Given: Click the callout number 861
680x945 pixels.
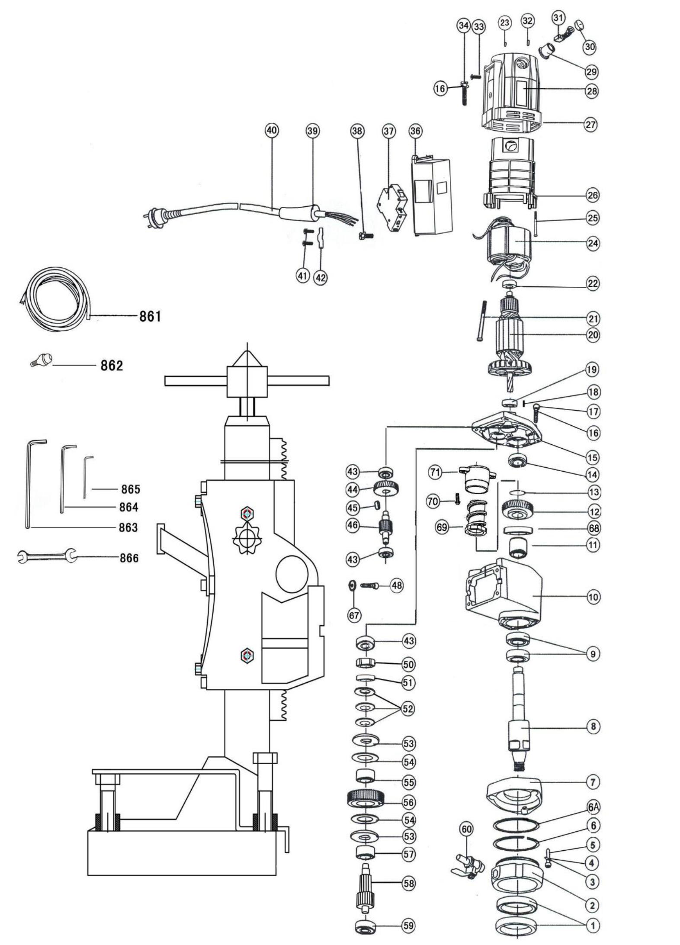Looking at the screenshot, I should coord(150,317).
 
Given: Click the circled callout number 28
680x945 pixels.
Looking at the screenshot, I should coord(591,91).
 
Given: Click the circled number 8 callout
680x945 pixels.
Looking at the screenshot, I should coord(593,726).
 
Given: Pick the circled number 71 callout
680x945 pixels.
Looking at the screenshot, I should coord(435,472).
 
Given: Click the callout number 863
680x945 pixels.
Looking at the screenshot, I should coord(128,527).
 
